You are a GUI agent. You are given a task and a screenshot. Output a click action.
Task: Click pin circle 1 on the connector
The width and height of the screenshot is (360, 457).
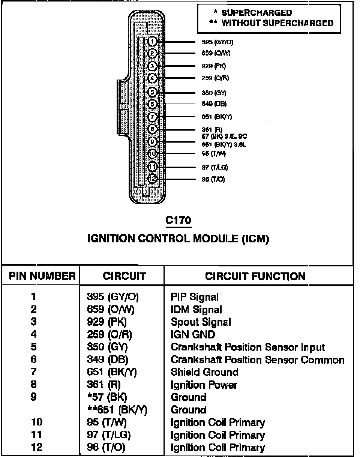coord(153,41)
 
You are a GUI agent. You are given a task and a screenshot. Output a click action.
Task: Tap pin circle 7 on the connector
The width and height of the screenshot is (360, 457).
coord(152,117)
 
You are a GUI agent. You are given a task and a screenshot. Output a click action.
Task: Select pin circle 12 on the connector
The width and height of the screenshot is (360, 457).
coord(152,179)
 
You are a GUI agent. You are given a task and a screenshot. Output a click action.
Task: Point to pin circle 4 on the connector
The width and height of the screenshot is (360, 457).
coord(152,78)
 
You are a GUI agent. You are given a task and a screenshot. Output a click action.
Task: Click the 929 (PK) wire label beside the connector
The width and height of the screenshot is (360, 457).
coord(214,66)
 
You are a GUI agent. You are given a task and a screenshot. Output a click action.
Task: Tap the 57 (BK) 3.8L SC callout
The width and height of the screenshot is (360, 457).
coord(224,136)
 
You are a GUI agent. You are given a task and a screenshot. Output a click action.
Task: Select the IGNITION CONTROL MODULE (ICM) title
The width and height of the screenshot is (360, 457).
coord(178,239)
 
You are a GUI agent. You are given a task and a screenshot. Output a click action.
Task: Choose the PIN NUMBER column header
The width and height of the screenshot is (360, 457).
coord(42,277)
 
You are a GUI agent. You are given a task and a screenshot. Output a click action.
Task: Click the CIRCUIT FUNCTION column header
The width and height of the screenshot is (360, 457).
coord(255,277)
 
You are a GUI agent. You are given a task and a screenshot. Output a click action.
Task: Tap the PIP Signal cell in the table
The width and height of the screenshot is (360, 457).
coord(194,297)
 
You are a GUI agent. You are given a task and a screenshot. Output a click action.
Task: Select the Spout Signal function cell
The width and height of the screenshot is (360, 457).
coord(201,322)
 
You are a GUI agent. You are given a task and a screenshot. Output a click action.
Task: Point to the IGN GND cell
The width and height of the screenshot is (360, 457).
coord(193,334)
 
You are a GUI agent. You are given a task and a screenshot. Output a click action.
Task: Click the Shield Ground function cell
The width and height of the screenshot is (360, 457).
coord(204,372)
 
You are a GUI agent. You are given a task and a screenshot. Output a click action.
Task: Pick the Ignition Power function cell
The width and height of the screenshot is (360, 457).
coord(204,385)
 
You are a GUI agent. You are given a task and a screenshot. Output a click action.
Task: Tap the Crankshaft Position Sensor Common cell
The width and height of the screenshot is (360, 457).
coord(257,359)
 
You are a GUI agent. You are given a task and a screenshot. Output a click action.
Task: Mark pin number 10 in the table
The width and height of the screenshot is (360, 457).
coord(37,422)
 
